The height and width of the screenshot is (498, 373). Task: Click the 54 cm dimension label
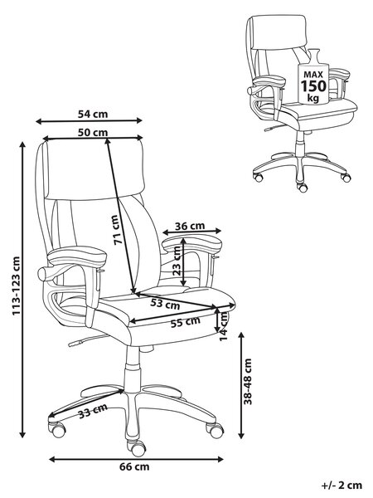93,114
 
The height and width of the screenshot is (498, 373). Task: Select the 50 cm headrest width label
93,132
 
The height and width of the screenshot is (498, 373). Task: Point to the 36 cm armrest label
190,226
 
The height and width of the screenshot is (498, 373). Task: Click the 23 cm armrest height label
177,261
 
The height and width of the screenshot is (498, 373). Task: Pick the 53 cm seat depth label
165,304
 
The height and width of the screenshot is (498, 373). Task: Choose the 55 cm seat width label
186,322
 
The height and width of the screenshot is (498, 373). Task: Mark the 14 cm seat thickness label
225,326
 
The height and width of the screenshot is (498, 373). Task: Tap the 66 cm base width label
134,466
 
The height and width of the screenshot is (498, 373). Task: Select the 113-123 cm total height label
16,286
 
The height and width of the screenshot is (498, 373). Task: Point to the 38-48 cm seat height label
248,381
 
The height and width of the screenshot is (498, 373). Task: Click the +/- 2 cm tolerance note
342,486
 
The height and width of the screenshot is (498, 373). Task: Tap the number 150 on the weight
313,86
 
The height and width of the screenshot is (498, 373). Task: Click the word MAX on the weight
313,75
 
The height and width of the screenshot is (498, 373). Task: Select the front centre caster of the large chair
138,448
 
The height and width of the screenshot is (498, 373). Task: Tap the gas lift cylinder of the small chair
300,145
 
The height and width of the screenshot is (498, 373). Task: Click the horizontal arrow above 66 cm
137,459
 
